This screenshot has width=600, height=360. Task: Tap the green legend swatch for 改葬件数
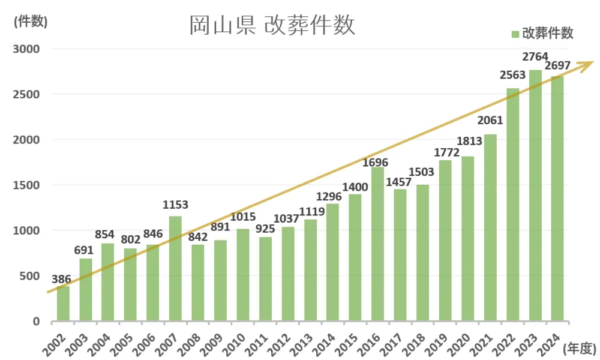515,34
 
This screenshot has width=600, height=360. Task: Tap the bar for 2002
63,303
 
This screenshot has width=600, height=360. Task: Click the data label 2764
535,58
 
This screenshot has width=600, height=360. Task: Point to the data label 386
62,279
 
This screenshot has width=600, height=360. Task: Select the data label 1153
175,205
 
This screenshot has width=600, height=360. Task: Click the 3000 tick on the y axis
26,49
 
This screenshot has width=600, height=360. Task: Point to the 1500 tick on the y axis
26,185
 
